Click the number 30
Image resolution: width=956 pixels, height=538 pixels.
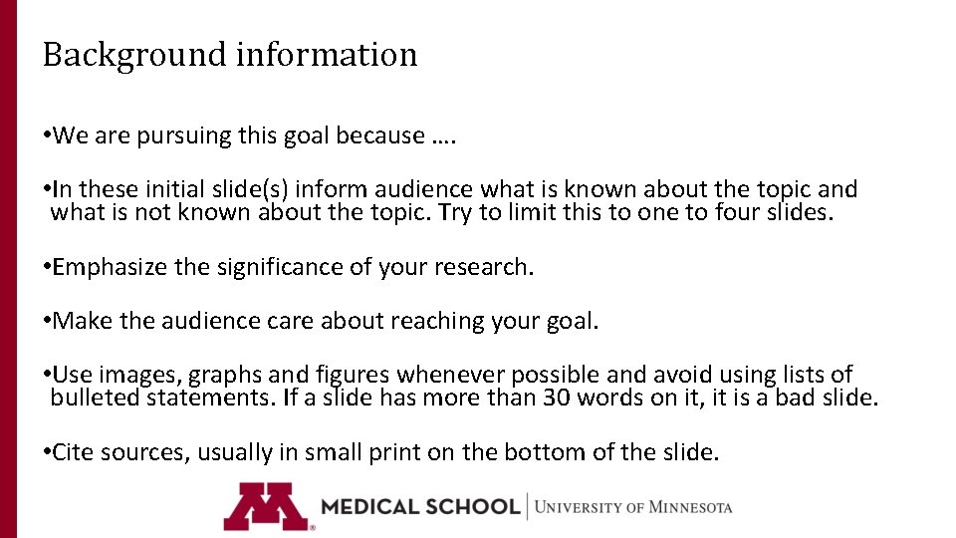(x=557, y=399)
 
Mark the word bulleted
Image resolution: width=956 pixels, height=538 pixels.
(x=96, y=399)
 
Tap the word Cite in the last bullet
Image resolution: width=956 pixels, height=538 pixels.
(x=73, y=452)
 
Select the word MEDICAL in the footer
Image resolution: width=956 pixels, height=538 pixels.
(x=368, y=506)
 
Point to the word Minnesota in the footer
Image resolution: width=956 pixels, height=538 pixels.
(x=690, y=507)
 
